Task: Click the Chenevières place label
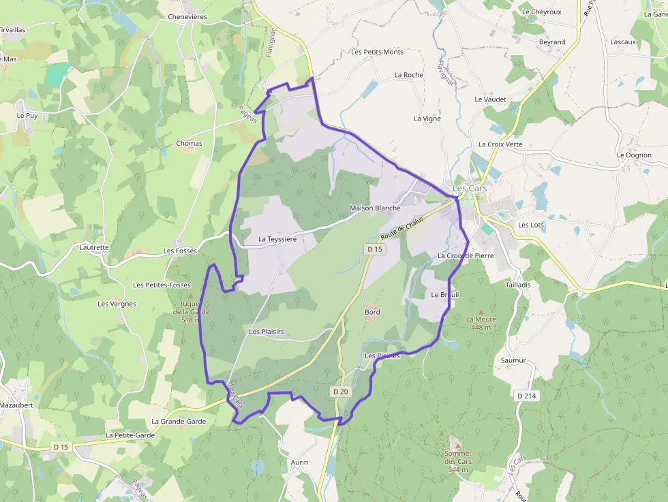point(187,16)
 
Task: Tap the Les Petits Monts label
point(377,52)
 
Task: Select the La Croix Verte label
point(500,144)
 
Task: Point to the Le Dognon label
point(634,155)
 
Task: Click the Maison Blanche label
point(375,208)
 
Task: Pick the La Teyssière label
point(277,239)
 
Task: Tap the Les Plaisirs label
point(267,332)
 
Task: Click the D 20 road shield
point(341,392)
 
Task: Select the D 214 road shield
point(526,395)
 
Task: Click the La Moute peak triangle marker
point(481,311)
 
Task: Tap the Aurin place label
point(299,462)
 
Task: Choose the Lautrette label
point(94,247)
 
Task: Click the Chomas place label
point(189,144)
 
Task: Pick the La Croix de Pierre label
point(466,256)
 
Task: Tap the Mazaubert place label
point(17,405)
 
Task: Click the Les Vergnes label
point(117,304)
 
